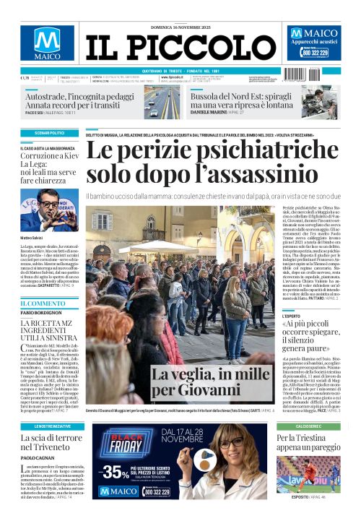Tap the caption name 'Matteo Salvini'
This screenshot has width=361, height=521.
33,237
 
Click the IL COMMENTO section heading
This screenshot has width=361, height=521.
36,303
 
